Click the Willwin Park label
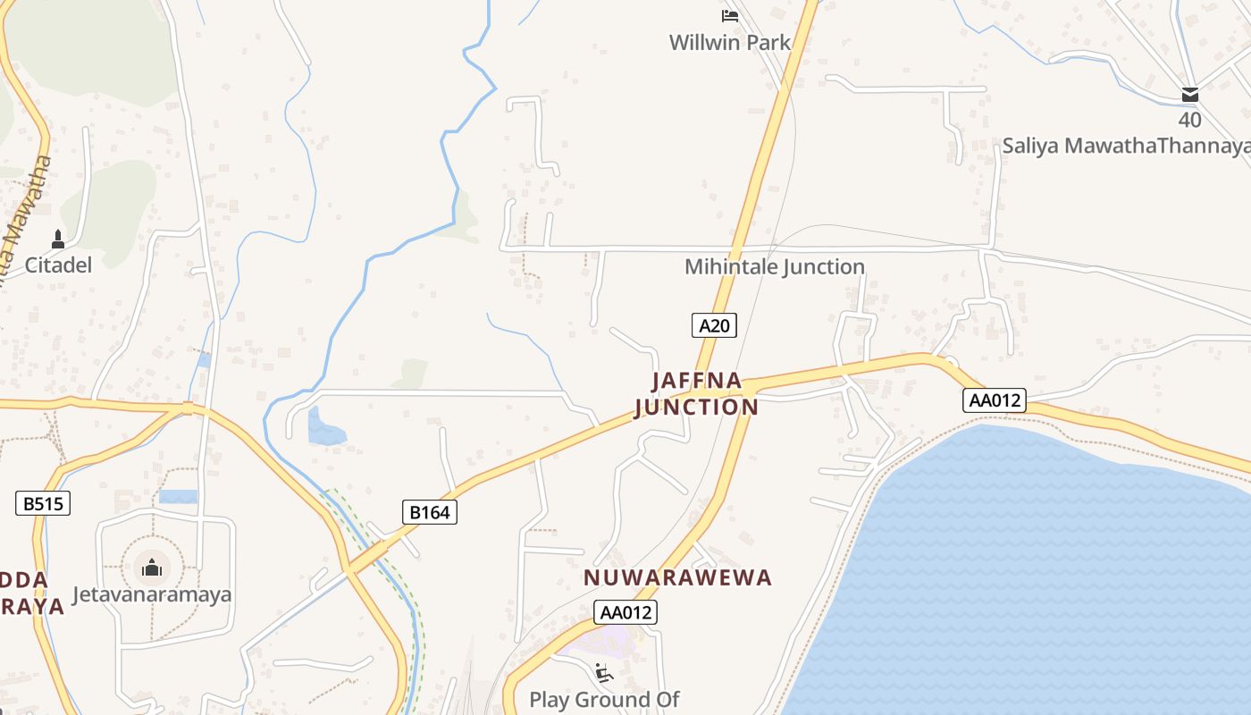coord(730,42)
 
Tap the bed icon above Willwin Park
coord(730,15)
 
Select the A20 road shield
coord(714,325)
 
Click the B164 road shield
coord(430,512)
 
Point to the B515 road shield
coord(43,503)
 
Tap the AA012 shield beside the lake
coord(995,400)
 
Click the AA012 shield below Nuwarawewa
coord(625,612)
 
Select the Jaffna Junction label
coord(697,394)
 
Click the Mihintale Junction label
coord(775,266)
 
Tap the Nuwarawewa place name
coord(677,577)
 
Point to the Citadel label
coord(58,265)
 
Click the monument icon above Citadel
coord(58,239)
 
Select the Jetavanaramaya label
coord(152,594)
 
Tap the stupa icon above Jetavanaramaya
coord(151,567)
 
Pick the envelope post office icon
coord(1190,95)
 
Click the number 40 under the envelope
coord(1190,120)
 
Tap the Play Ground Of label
coord(604,699)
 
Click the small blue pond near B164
coord(324,428)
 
